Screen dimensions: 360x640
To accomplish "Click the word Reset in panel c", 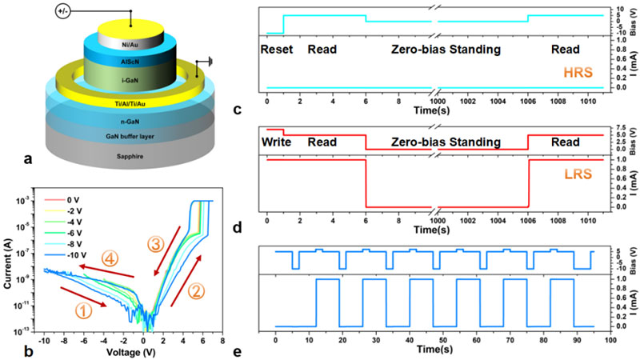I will [x=278, y=49].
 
